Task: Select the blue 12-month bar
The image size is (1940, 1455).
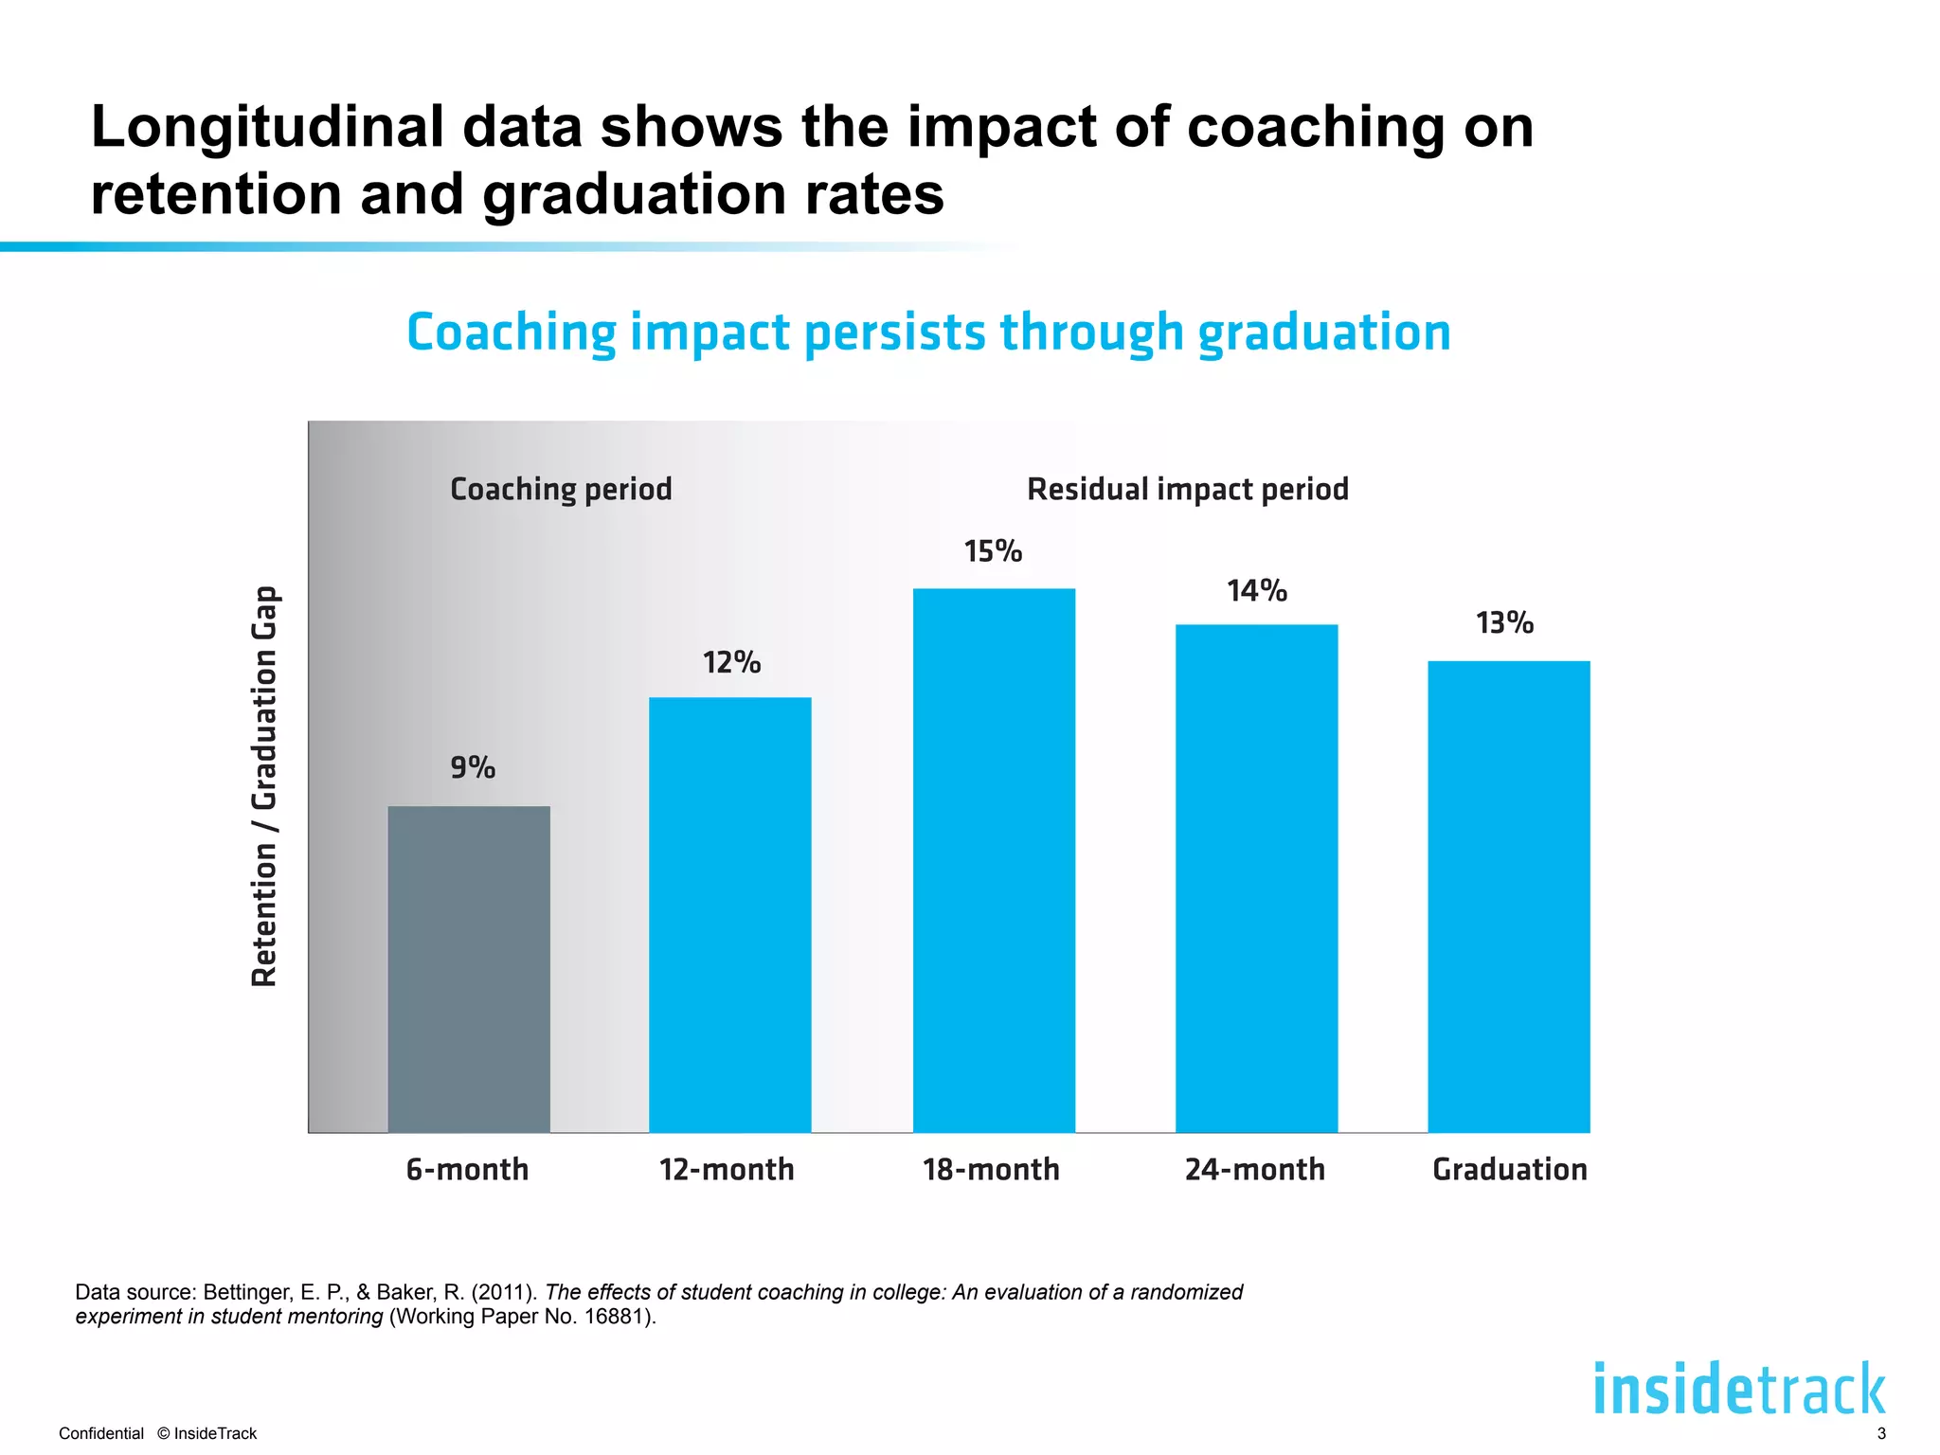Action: tap(729, 914)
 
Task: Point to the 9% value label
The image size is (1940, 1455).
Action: tap(473, 767)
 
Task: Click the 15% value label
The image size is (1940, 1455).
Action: tap(993, 551)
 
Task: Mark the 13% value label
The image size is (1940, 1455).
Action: tap(1504, 623)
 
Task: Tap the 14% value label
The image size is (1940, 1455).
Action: tap(1257, 591)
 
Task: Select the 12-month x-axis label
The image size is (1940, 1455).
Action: tap(727, 1170)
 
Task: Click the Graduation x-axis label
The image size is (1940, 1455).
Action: tap(1509, 1170)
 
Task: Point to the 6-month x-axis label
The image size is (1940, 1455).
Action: tap(467, 1170)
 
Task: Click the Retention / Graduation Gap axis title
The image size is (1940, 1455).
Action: tap(264, 786)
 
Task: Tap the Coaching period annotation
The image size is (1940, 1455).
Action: tap(561, 490)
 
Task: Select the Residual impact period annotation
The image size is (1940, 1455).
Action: tap(1188, 490)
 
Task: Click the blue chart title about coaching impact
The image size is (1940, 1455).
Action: tap(928, 332)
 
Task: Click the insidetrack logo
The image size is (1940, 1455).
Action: tap(1739, 1389)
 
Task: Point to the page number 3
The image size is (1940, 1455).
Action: tap(1881, 1433)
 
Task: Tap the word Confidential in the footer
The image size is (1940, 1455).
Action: tap(101, 1433)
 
